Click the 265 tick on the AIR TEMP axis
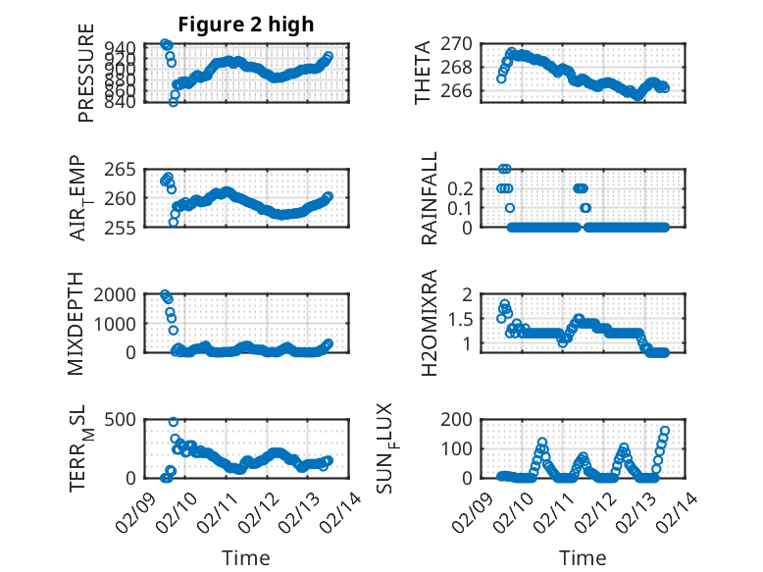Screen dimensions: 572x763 point(129,169)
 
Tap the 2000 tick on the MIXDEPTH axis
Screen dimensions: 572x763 point(123,294)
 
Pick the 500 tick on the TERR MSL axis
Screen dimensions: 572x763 point(127,419)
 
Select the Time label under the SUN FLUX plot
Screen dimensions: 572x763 point(582,557)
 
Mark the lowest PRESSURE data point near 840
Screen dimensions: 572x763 point(174,102)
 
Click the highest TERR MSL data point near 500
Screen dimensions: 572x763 point(174,422)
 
